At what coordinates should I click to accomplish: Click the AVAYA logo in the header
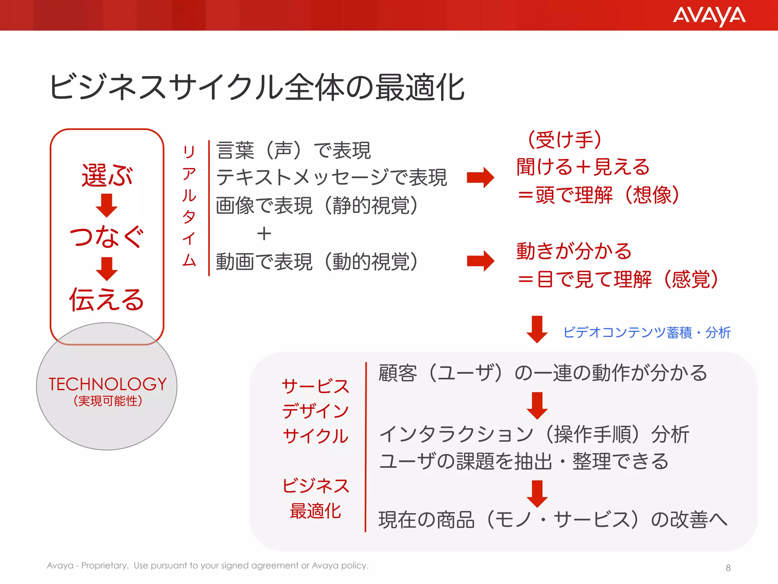pyautogui.click(x=709, y=16)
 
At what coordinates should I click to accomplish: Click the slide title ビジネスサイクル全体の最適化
pyautogui.click(x=257, y=87)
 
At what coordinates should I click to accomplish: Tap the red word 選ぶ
pyautogui.click(x=107, y=175)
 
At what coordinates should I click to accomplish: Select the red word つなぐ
pyautogui.click(x=107, y=236)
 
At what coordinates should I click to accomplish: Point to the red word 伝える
pyautogui.click(x=107, y=300)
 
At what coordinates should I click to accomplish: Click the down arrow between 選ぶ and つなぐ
pyautogui.click(x=107, y=205)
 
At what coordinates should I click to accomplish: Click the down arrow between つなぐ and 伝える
pyautogui.click(x=107, y=268)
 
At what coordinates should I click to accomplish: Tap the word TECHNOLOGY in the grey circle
pyautogui.click(x=108, y=384)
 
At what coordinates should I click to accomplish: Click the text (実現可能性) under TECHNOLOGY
pyautogui.click(x=108, y=401)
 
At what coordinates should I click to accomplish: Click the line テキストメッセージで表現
pyautogui.click(x=331, y=178)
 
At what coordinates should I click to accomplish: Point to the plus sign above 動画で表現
pyautogui.click(x=264, y=234)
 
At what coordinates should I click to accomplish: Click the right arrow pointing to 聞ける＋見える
pyautogui.click(x=481, y=178)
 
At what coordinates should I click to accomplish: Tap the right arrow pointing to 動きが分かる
pyautogui.click(x=481, y=261)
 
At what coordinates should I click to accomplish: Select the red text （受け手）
pyautogui.click(x=565, y=140)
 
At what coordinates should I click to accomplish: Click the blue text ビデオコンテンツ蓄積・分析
pyautogui.click(x=647, y=332)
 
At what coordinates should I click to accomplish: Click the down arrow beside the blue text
pyautogui.click(x=537, y=329)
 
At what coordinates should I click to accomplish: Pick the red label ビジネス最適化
pyautogui.click(x=315, y=498)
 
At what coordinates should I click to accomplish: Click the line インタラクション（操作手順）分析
pyautogui.click(x=534, y=434)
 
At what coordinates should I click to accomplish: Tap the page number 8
pyautogui.click(x=728, y=568)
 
